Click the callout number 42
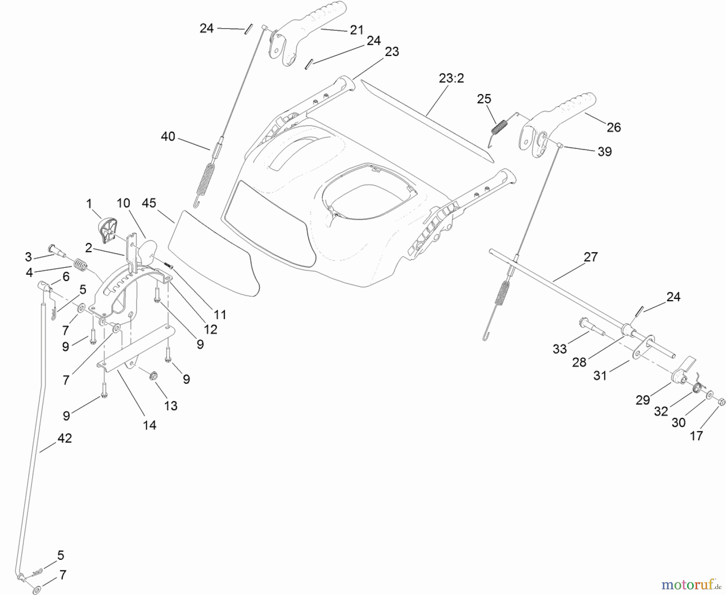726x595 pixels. (x=65, y=438)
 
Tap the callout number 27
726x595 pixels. (x=590, y=257)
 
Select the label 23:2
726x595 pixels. (x=451, y=78)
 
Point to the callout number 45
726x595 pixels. (x=149, y=203)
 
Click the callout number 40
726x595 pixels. (x=168, y=137)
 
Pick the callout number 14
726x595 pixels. (x=149, y=425)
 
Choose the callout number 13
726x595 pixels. (x=171, y=406)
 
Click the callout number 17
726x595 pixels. (x=697, y=436)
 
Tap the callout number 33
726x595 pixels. (x=559, y=349)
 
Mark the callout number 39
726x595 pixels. (x=604, y=151)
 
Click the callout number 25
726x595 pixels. (x=484, y=99)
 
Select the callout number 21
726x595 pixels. (x=357, y=30)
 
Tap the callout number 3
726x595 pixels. (x=28, y=257)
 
